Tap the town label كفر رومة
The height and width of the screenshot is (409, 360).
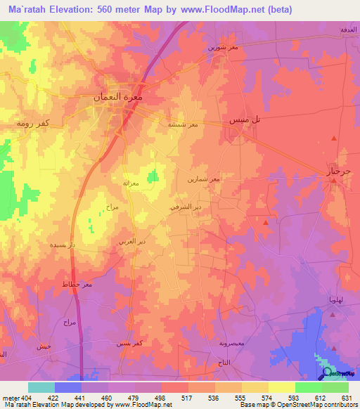[x=33, y=122]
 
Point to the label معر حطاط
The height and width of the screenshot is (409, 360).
[x=78, y=285]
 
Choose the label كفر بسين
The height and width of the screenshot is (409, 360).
[x=131, y=344]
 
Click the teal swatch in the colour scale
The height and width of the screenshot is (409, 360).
[x=41, y=387]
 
